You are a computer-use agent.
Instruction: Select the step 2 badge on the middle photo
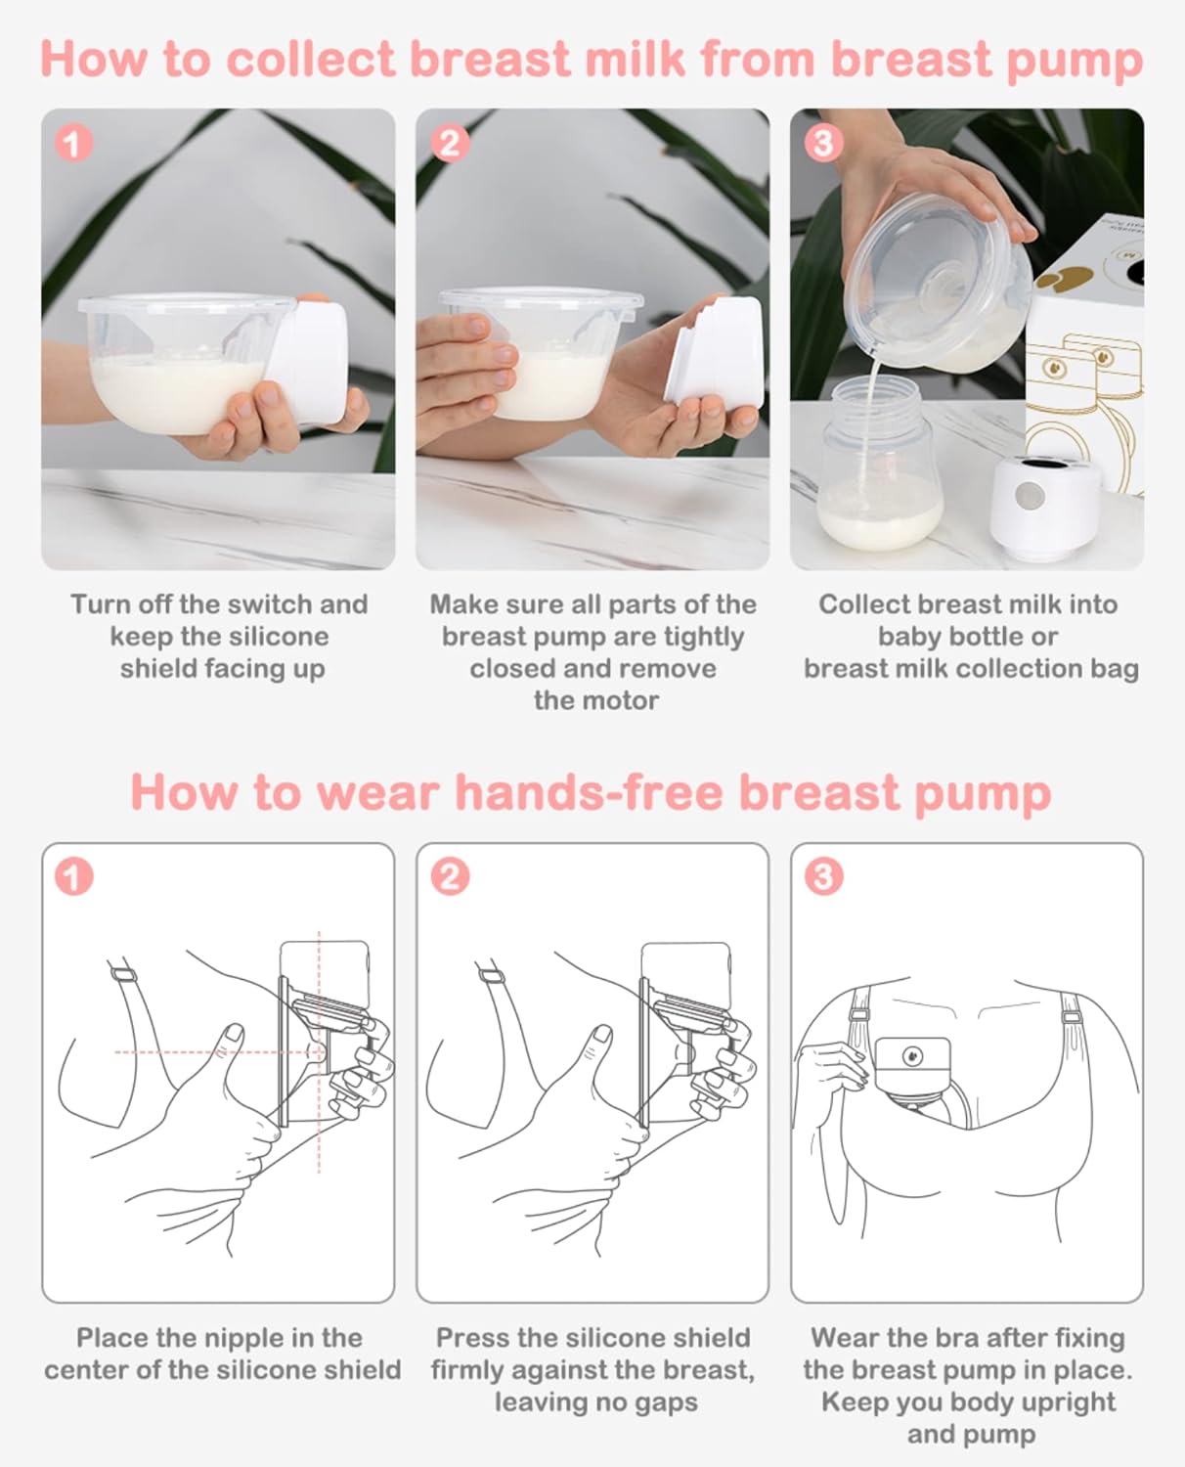click(x=449, y=144)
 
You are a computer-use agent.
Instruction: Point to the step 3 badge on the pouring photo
click(x=822, y=144)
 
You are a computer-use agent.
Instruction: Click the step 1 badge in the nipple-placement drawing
click(x=73, y=876)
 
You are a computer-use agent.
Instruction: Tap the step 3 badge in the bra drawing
click(x=822, y=876)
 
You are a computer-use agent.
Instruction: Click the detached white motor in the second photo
click(x=716, y=352)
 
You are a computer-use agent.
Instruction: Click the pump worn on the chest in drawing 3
click(x=911, y=1071)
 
